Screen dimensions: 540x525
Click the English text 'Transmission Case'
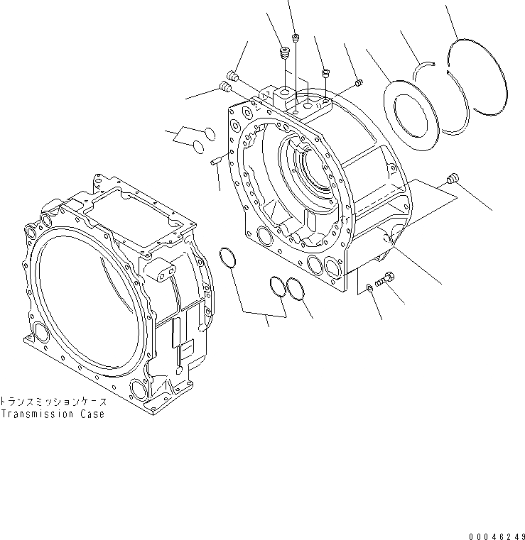(53, 414)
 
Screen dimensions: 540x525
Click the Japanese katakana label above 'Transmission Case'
(53, 401)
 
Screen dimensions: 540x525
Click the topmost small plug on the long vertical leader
(296, 37)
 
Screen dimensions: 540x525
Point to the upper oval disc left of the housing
(208, 132)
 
